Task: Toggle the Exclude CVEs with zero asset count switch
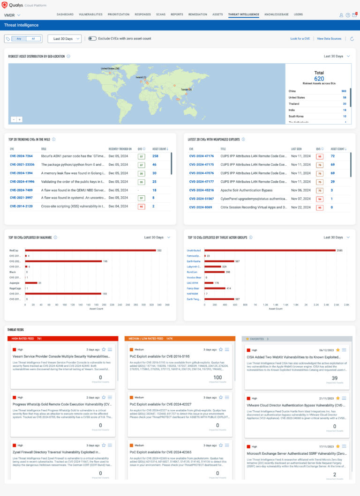tap(92, 38)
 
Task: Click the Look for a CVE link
tap(300, 38)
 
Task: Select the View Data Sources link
tap(329, 38)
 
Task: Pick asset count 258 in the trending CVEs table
tap(155, 156)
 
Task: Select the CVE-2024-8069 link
tap(200, 207)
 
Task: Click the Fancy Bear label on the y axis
tap(194, 289)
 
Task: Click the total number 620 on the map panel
tap(319, 79)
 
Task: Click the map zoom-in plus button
tap(19, 119)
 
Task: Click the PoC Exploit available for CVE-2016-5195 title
tap(159, 356)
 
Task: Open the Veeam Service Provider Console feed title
tap(61, 356)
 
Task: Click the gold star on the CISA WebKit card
tap(337, 349)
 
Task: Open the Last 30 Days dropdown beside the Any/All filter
tap(65, 38)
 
